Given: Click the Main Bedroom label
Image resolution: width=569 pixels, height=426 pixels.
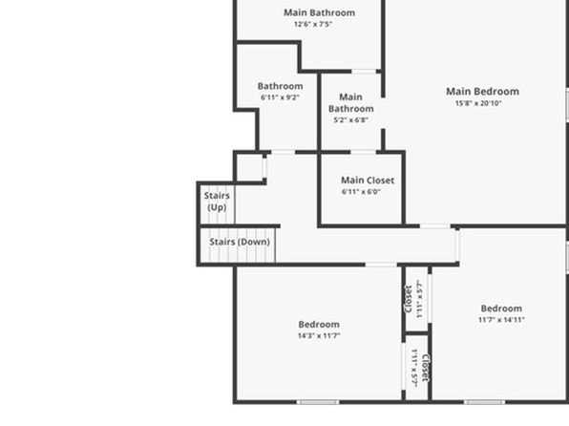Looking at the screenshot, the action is (x=482, y=91).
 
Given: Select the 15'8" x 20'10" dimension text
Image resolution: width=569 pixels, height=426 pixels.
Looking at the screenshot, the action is (x=478, y=103).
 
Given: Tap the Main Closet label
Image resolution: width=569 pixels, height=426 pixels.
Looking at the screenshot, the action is (x=368, y=181).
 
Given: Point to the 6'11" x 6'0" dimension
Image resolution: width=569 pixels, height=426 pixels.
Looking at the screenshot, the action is (x=361, y=192).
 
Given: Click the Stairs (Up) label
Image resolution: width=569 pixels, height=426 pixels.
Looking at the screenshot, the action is (x=217, y=202).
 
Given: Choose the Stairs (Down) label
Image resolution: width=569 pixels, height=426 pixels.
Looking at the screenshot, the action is (x=240, y=242).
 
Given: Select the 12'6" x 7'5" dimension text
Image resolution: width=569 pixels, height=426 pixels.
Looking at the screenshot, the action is (x=313, y=24).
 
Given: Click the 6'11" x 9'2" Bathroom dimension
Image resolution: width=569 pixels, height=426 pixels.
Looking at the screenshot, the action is (x=280, y=97).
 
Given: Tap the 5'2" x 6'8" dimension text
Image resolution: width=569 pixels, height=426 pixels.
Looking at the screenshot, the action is (x=351, y=119).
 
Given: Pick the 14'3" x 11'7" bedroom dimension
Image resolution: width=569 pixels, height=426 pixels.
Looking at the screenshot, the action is (x=319, y=335).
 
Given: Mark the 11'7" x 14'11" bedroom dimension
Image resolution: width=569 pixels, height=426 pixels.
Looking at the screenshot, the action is (x=501, y=320).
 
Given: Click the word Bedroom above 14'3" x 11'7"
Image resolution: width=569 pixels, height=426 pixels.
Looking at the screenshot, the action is (x=319, y=325).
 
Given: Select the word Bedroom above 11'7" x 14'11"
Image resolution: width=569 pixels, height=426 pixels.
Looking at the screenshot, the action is (x=501, y=309).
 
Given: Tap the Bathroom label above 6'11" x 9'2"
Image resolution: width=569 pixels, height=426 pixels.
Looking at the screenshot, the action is (x=280, y=86).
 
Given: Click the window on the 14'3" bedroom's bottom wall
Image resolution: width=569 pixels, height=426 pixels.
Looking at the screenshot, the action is (x=318, y=402).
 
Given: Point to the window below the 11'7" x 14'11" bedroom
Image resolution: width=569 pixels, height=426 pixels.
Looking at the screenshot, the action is (x=484, y=402).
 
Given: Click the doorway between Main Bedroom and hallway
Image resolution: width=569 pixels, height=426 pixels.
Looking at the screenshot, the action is (x=435, y=226).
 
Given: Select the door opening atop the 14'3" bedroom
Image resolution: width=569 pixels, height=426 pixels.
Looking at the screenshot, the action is (x=381, y=265).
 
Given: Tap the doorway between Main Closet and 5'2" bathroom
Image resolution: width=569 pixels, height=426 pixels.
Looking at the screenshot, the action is (x=363, y=153).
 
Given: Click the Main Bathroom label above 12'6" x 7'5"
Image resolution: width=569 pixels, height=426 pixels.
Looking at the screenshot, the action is (x=319, y=12).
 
